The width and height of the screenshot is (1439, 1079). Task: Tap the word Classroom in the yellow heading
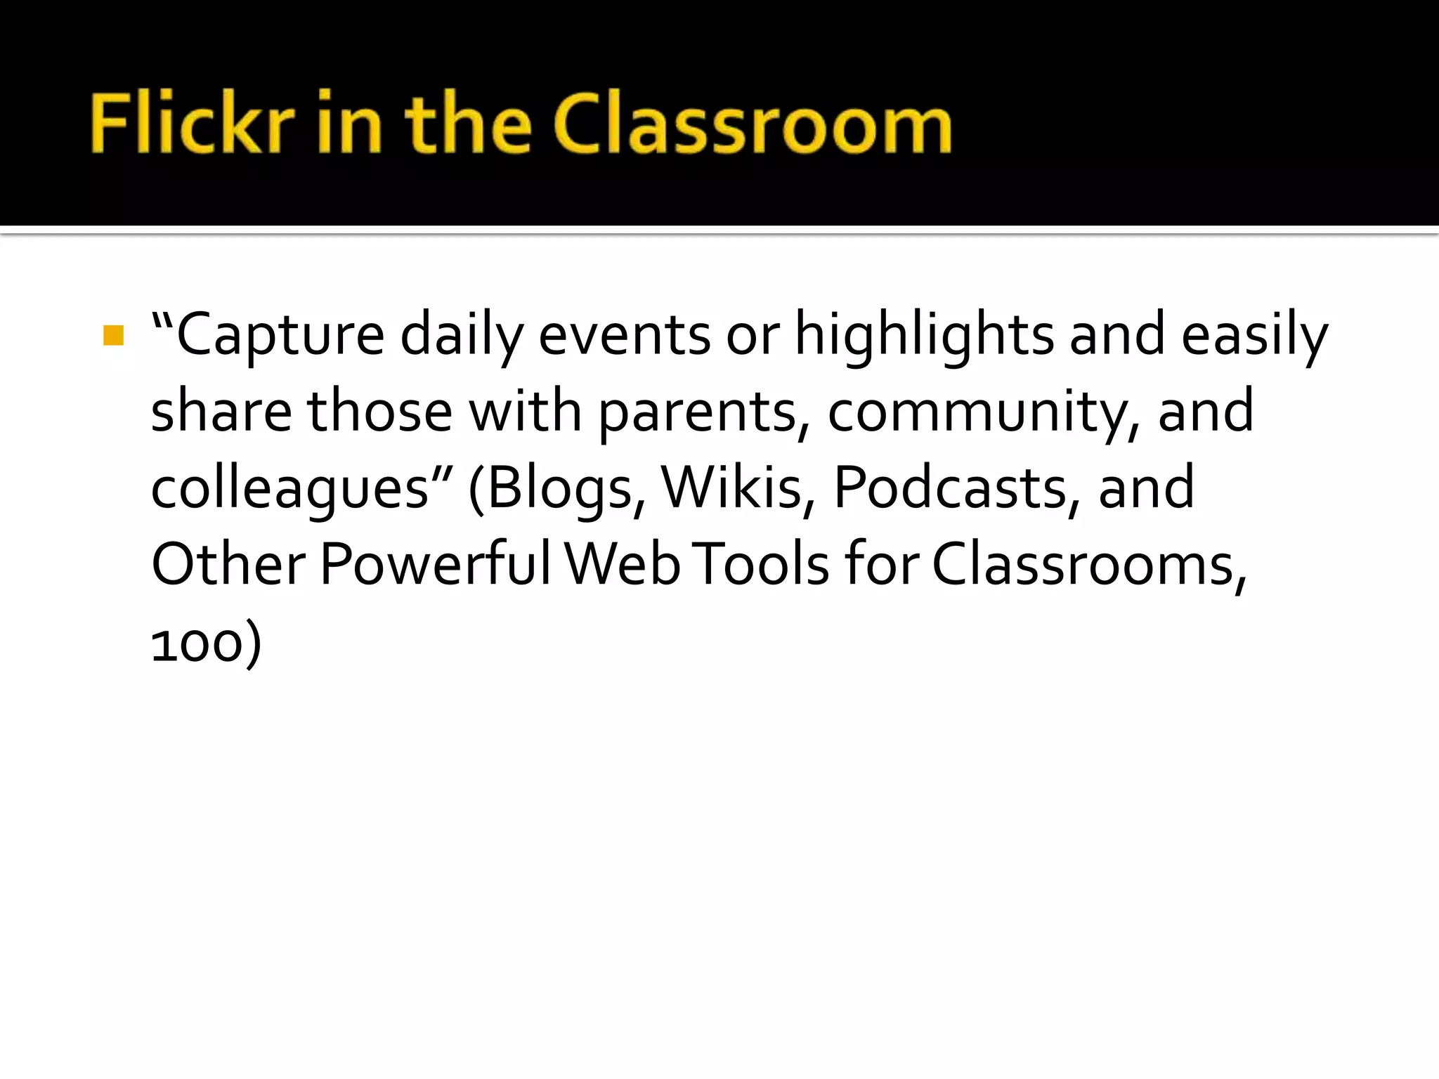click(x=753, y=124)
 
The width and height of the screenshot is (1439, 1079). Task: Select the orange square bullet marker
click(x=113, y=336)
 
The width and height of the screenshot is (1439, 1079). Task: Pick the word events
click(x=624, y=336)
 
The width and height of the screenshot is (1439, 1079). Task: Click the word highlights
click(x=923, y=336)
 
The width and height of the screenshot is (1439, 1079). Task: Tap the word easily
click(x=1254, y=336)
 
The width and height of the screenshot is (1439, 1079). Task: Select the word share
click(x=221, y=412)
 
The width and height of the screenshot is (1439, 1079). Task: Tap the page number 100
click(x=197, y=643)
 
